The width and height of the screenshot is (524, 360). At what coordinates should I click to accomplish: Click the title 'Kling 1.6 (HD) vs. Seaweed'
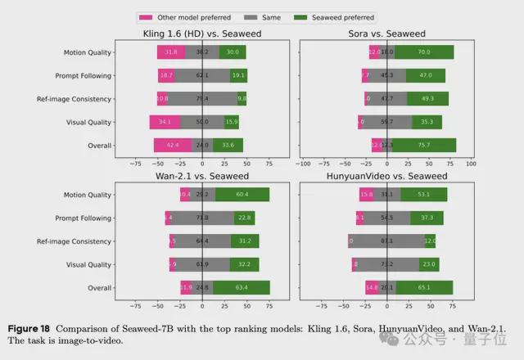(x=203, y=34)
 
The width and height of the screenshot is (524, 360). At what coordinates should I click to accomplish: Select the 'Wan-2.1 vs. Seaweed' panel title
(x=203, y=177)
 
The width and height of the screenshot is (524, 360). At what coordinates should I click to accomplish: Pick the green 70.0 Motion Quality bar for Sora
(x=423, y=52)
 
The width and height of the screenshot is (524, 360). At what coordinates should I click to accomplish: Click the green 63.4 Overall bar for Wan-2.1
(x=242, y=288)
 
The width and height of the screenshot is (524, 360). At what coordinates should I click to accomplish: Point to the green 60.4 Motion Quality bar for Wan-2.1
(x=242, y=195)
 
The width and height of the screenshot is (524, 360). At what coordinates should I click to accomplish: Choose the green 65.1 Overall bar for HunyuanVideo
(x=423, y=288)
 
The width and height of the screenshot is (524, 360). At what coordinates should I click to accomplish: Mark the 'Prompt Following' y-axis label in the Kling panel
(x=84, y=76)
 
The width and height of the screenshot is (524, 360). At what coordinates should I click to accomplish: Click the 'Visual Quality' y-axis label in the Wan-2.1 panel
(x=88, y=264)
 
